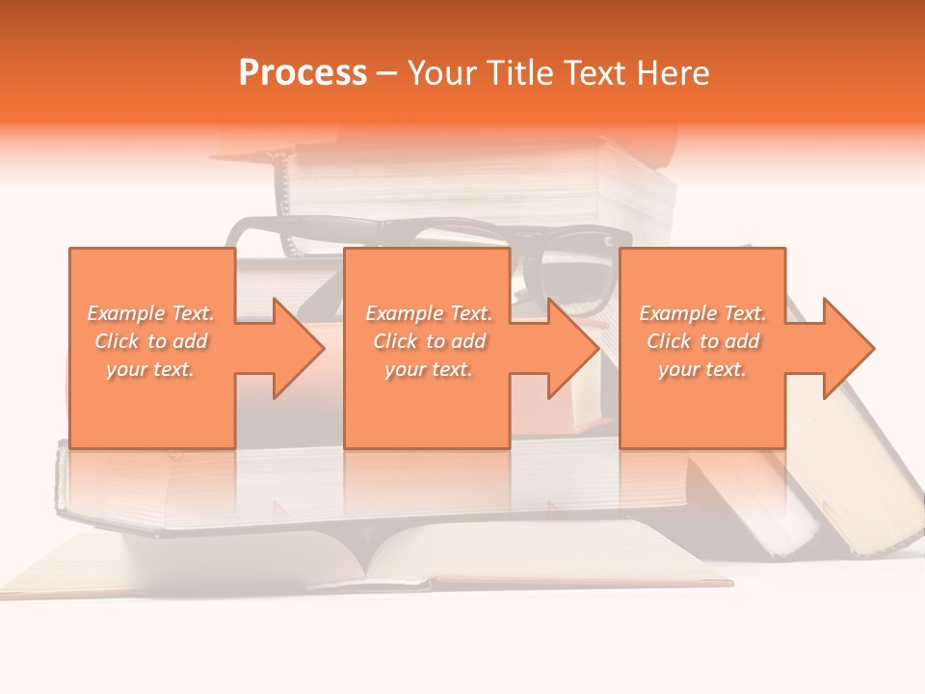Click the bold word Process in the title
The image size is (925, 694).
tap(303, 73)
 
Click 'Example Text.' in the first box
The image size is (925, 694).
tap(150, 313)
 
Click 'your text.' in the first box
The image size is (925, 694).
tap(150, 369)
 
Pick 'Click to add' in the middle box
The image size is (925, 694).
tap(429, 341)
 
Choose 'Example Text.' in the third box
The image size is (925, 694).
tap(702, 313)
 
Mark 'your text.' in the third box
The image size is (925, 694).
tap(702, 369)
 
